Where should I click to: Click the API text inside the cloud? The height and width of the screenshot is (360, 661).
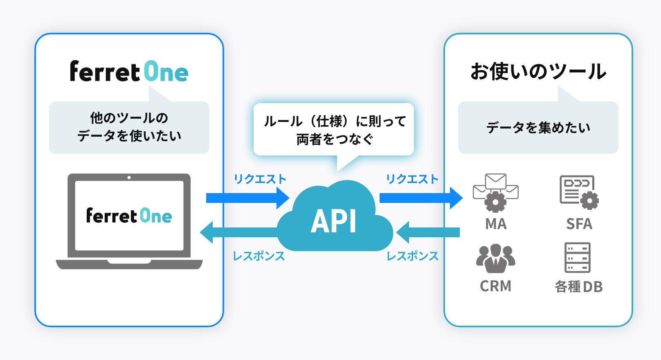tap(334, 221)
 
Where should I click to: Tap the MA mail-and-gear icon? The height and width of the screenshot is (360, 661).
tap(495, 192)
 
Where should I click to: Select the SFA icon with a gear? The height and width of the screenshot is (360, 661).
tap(578, 192)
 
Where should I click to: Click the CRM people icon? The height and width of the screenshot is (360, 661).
tap(495, 259)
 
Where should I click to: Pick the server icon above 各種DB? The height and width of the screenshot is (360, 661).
tap(577, 257)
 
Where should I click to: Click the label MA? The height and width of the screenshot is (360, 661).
tap(496, 224)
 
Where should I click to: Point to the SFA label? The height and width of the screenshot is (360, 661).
tap(579, 224)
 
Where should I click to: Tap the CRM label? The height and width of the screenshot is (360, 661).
tap(495, 286)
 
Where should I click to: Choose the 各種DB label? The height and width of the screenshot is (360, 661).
tap(578, 286)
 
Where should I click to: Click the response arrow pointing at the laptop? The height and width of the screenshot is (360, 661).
tap(241, 232)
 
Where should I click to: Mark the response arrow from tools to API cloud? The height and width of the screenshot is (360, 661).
tap(428, 232)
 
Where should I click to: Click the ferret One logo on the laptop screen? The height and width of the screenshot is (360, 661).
tap(129, 216)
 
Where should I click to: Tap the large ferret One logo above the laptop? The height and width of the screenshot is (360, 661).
tap(129, 72)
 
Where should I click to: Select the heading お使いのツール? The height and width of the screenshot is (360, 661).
tap(538, 72)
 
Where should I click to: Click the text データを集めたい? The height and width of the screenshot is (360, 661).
tap(538, 128)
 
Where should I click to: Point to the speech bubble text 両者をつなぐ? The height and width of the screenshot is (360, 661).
tap(335, 139)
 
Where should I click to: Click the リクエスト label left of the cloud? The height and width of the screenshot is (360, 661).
tap(260, 179)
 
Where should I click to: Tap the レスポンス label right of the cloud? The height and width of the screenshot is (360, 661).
tap(412, 256)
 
